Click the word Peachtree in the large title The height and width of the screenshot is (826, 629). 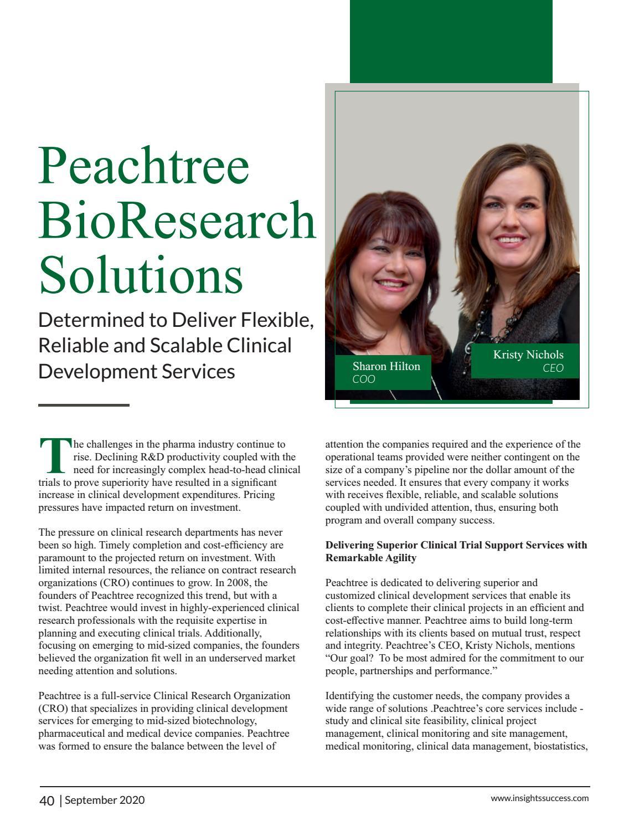(x=144, y=166)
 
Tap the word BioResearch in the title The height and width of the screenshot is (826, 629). (x=177, y=220)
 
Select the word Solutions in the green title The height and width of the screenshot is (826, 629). (x=141, y=274)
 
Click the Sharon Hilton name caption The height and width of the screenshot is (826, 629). (x=386, y=366)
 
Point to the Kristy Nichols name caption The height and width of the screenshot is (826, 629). (x=528, y=355)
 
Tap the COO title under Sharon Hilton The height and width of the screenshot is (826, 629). (x=364, y=379)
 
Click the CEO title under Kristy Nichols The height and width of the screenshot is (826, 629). (x=553, y=368)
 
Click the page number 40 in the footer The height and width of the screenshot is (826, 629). (x=47, y=801)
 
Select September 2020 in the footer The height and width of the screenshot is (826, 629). (x=105, y=800)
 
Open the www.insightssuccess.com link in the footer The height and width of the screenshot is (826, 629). (x=539, y=798)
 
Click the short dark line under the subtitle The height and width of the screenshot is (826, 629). (x=84, y=405)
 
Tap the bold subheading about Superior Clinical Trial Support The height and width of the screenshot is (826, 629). (x=456, y=551)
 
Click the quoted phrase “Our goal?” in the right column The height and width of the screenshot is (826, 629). (x=348, y=658)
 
